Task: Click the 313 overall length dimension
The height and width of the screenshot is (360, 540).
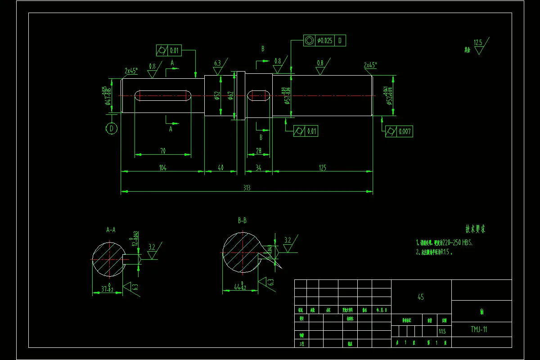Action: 247,188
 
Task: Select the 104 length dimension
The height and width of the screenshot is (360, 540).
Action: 162,168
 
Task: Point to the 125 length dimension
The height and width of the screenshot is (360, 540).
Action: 322,168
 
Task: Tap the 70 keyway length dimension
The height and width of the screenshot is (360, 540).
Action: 162,151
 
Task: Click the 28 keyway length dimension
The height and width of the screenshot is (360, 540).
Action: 259,151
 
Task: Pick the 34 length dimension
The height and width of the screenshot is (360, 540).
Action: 259,168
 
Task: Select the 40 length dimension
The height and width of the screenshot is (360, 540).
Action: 220,168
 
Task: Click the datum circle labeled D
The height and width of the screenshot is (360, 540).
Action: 112,129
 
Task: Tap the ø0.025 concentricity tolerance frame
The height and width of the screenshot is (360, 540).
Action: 324,40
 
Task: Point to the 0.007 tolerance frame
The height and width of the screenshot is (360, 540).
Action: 399,131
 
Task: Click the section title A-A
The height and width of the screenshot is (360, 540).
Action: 111,229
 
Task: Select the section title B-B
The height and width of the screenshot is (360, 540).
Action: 242,220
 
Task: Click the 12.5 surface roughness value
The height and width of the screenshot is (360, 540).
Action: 477,43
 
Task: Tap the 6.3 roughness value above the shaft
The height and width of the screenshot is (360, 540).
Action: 218,63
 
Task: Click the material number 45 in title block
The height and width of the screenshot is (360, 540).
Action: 421,297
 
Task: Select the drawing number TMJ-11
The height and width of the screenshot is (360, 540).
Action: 479,329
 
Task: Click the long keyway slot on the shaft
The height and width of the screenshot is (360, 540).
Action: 162,95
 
